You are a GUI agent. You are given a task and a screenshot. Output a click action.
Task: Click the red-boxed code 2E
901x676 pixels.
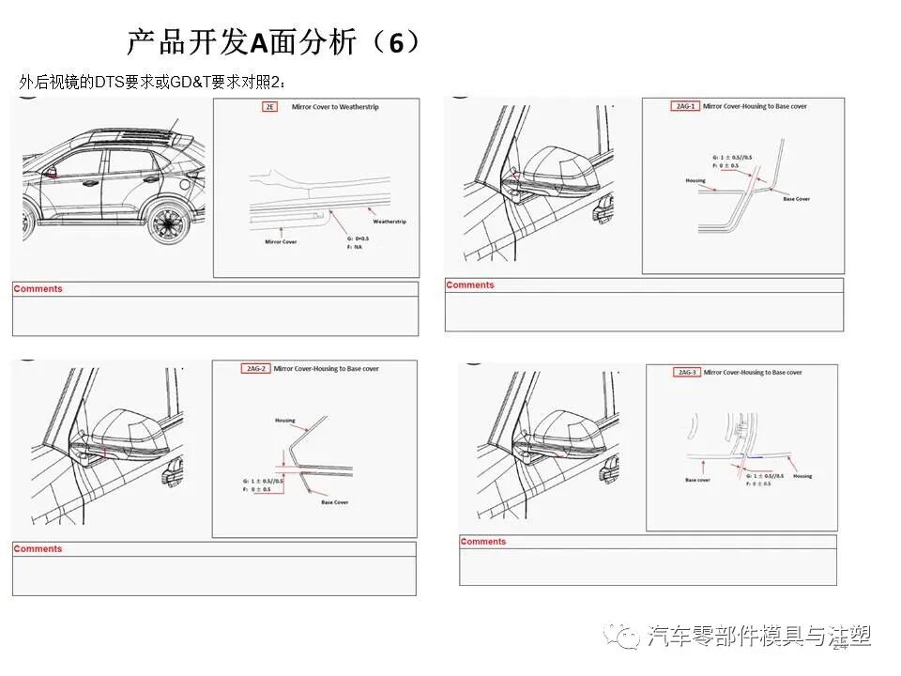270,108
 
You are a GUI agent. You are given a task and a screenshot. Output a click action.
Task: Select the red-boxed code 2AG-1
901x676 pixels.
686,106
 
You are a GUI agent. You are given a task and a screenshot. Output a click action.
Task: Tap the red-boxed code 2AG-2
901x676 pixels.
255,369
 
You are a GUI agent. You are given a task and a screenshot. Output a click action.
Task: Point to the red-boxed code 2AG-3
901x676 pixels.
687,373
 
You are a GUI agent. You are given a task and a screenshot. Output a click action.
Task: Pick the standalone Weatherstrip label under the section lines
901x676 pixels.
389,222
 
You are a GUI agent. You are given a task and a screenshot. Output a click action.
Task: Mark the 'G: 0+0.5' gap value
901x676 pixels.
357,238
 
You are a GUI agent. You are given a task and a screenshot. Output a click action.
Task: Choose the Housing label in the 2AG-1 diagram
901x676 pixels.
695,180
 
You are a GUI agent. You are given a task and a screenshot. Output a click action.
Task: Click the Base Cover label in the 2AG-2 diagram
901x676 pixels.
334,502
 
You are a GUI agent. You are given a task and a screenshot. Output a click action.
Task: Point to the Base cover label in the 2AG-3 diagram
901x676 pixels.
697,479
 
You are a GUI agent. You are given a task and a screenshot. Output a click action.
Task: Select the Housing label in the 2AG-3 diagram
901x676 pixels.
802,476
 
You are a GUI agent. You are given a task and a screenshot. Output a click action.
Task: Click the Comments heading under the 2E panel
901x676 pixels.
38,289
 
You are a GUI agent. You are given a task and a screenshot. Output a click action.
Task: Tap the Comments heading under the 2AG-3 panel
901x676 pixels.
483,542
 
